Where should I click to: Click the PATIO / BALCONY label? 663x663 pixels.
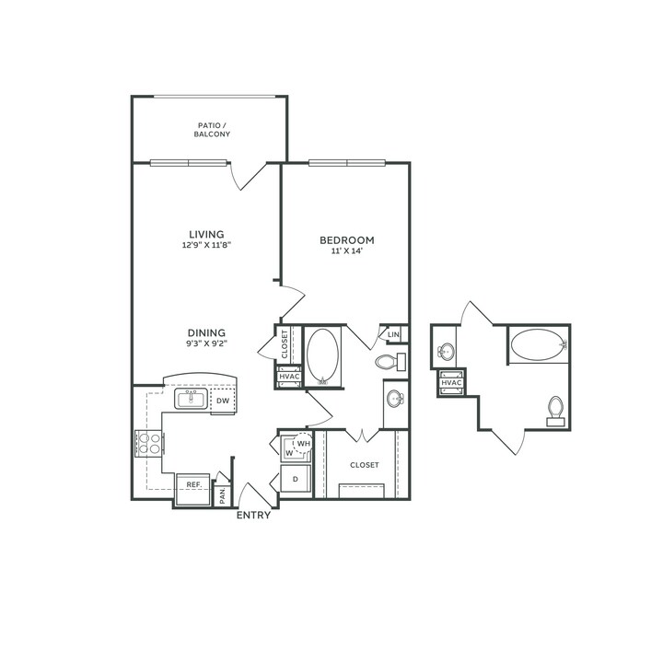(212, 130)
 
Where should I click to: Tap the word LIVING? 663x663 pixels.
(206, 234)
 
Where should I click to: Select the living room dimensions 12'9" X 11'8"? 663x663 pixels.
(206, 245)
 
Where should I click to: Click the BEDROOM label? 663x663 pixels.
(347, 240)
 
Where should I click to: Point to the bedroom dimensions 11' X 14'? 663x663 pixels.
(347, 250)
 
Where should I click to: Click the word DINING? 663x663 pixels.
(206, 332)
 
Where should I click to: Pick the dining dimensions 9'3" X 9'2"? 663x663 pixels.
(206, 343)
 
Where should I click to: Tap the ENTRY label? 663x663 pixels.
(253, 515)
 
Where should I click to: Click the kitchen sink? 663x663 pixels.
(192, 399)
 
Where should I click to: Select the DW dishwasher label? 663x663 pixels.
(223, 401)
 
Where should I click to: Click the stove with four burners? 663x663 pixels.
(149, 443)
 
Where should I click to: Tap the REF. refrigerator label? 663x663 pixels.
(193, 484)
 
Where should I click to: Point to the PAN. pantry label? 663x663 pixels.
(223, 495)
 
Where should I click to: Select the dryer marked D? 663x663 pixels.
(296, 479)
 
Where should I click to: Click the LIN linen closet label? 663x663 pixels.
(393, 334)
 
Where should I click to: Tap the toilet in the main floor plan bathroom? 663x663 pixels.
(390, 362)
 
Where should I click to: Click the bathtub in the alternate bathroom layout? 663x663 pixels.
(539, 344)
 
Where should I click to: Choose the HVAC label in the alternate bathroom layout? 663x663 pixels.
(451, 383)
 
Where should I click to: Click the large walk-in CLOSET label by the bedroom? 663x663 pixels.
(365, 465)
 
